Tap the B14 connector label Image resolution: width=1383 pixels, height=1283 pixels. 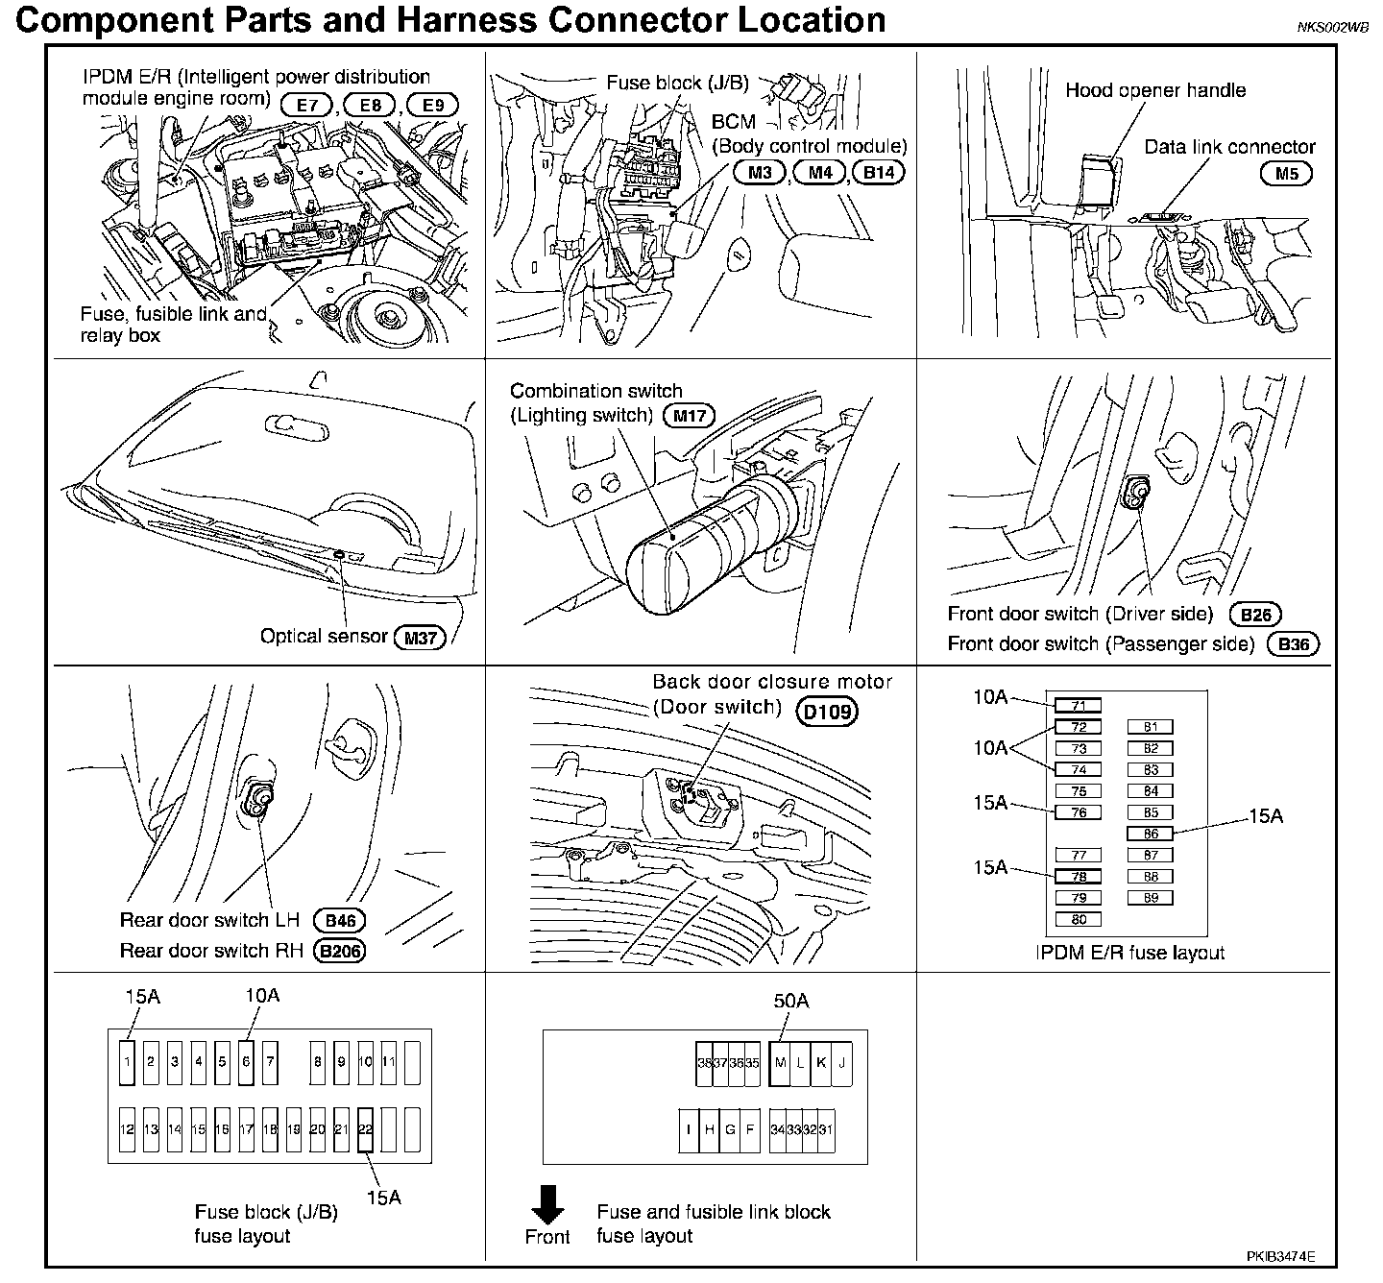pyautogui.click(x=878, y=173)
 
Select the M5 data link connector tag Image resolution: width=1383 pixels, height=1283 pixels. pyautogui.click(x=1286, y=174)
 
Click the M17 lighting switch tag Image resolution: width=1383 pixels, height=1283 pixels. pyautogui.click(x=689, y=416)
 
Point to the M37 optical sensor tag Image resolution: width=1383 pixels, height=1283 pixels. pyautogui.click(x=421, y=637)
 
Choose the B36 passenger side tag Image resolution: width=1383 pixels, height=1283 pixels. pyautogui.click(x=1294, y=644)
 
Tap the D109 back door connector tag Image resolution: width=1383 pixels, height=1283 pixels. pyautogui.click(x=827, y=712)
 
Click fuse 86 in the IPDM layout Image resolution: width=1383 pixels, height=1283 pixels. pyautogui.click(x=1151, y=834)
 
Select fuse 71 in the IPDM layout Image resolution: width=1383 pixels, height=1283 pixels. pyautogui.click(x=1078, y=706)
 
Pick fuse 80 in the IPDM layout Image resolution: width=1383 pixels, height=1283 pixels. pyautogui.click(x=1078, y=919)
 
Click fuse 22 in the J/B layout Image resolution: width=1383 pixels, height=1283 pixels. pyautogui.click(x=365, y=1129)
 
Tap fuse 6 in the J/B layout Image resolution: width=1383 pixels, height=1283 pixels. pyautogui.click(x=247, y=1062)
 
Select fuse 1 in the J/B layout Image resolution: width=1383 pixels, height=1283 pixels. pyautogui.click(x=128, y=1062)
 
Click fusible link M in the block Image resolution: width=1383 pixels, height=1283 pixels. pyautogui.click(x=780, y=1063)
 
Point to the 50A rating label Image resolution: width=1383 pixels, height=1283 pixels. pyautogui.click(x=791, y=1001)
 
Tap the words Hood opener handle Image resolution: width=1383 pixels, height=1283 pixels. pyautogui.click(x=1155, y=90)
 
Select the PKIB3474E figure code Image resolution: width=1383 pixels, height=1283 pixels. pyautogui.click(x=1281, y=1256)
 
